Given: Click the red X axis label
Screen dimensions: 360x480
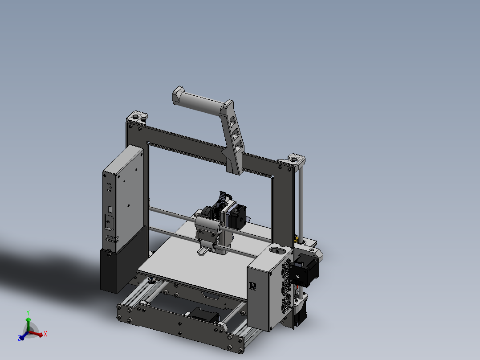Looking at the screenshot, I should [45, 333].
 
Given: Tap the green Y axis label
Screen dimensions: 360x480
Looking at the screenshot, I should [28, 312].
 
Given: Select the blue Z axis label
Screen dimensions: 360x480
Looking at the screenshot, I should [20, 339].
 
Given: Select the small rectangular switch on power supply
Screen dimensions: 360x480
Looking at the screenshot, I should [110, 209].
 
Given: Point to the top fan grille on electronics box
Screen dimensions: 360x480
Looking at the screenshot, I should [285, 270].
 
